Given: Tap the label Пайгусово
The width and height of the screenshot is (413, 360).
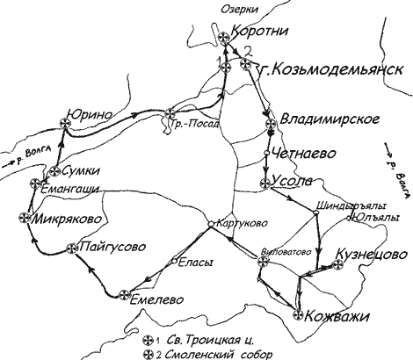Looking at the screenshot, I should (112, 248).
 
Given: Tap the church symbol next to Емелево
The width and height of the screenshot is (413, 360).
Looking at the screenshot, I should (126, 295).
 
